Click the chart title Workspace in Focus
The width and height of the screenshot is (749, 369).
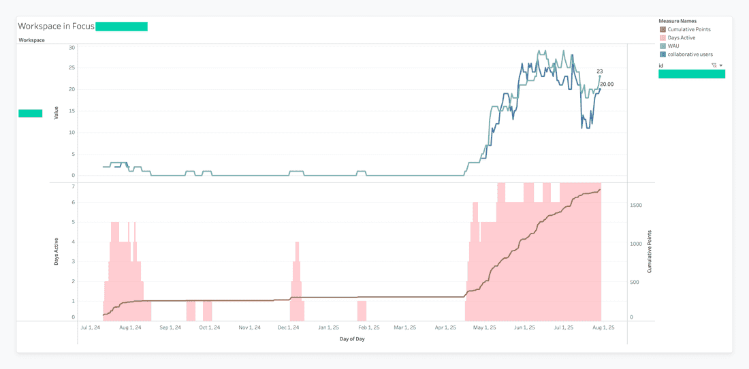click(x=56, y=27)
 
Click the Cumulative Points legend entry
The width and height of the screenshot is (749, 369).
click(x=688, y=29)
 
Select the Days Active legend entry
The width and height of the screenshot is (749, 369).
click(x=681, y=37)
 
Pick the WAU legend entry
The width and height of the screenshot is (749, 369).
click(x=675, y=46)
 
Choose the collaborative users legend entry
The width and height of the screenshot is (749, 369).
click(x=690, y=54)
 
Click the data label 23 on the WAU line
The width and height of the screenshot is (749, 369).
click(x=600, y=71)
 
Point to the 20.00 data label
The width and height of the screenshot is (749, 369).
click(x=607, y=84)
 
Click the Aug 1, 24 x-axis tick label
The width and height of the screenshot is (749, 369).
click(x=130, y=327)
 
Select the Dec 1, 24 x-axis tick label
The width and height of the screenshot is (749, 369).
click(x=289, y=327)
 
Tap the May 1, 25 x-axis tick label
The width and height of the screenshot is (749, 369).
click(x=485, y=327)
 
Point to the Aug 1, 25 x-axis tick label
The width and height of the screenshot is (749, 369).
click(x=603, y=327)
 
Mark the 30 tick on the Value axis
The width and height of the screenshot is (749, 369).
click(x=71, y=48)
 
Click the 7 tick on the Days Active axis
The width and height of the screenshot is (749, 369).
click(x=74, y=186)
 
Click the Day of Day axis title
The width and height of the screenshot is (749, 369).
click(x=353, y=338)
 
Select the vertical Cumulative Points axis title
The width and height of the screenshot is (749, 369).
click(x=650, y=251)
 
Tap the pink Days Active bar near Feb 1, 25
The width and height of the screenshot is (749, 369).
click(x=362, y=310)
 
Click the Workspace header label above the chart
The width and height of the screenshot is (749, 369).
click(x=31, y=40)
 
